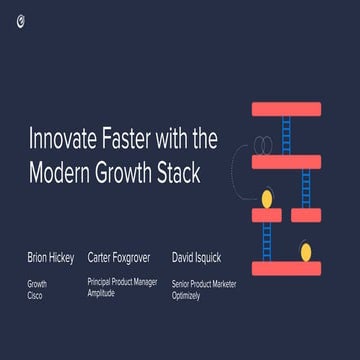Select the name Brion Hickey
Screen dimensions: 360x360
[x=50, y=257]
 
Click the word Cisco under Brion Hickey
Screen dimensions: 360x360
[x=35, y=296]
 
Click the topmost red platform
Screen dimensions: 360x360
[x=286, y=109]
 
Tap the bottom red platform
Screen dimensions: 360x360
[x=286, y=269]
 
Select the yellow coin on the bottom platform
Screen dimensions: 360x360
[x=305, y=252]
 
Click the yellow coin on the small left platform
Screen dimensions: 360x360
[x=267, y=200]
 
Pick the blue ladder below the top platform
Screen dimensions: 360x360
[x=287, y=135]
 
